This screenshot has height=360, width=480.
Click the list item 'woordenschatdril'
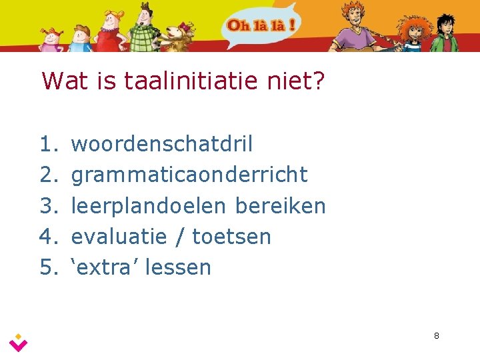coord(161,143)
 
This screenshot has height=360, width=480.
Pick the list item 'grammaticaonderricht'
coord(189,175)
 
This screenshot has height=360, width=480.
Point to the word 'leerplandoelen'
coord(149,206)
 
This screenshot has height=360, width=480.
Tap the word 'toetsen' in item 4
coord(232,237)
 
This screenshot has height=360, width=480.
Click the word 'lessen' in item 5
coord(178,267)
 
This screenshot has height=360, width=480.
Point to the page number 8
coord(436,335)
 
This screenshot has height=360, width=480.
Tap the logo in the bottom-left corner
coord(19,342)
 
